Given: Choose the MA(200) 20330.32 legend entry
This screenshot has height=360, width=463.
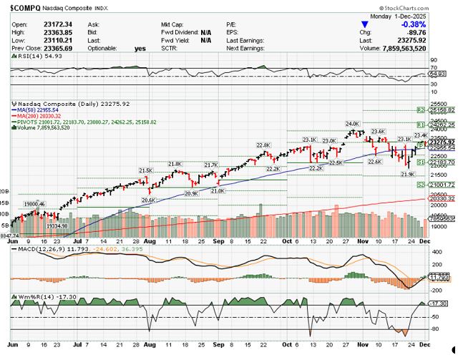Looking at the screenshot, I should coord(40,116).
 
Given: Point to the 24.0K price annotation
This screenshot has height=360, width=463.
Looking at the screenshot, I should coord(351,123).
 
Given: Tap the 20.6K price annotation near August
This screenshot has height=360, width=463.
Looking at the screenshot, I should coord(149,200).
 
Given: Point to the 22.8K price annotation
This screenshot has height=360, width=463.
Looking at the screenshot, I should coord(263,145).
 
